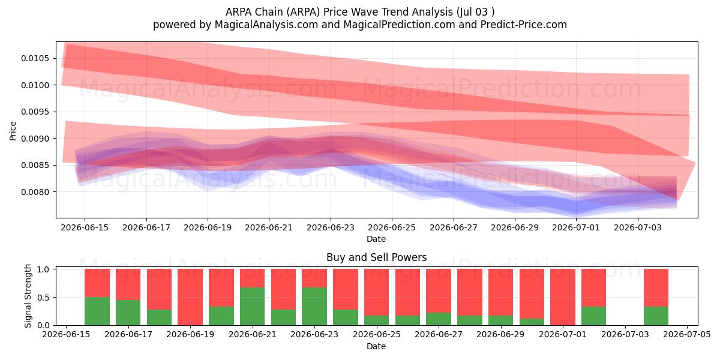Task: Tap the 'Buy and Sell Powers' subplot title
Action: (376, 257)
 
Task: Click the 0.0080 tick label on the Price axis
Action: (35, 192)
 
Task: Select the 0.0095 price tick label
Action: (35, 112)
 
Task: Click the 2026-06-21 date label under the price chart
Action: (269, 227)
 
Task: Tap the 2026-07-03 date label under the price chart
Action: (638, 227)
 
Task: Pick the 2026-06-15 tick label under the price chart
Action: (85, 227)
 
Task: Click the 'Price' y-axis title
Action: (13, 131)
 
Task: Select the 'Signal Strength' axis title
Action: (28, 296)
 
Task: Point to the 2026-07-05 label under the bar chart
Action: (687, 335)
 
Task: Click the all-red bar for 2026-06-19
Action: (190, 297)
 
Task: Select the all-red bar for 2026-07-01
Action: (563, 297)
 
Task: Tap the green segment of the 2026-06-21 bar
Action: (253, 307)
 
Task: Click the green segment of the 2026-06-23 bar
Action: (314, 307)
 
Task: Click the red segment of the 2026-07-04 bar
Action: (656, 287)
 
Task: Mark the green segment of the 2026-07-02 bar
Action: (593, 316)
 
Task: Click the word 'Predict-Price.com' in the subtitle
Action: (524, 25)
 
